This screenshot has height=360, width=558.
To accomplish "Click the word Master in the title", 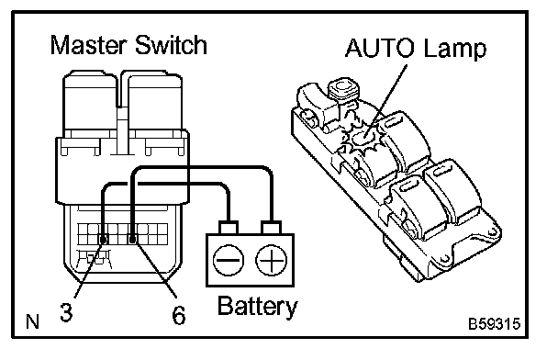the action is pos(89,45).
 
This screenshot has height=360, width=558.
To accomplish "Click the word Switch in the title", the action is pos(171,45).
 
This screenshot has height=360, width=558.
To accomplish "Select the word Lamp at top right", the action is pos(455,50).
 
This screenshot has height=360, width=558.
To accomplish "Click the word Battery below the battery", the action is pos(257,306).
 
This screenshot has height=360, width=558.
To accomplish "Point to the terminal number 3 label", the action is pos(66,312).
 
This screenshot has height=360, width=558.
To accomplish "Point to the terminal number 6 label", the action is pos(179,315).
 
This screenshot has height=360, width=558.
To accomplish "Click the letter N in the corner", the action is pos(32,321).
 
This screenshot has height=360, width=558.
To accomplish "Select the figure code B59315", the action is pos(495,324).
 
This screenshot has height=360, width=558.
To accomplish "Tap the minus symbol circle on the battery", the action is pos(229,260).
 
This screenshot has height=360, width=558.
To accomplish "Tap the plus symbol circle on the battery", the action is pos(271,260).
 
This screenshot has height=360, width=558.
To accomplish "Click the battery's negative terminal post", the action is pos(229,228).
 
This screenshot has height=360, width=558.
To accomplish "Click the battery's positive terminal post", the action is pos(271,228).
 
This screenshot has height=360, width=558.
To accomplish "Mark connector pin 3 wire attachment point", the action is pos(103,240).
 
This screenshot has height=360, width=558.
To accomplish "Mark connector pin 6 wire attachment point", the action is pos(132,240).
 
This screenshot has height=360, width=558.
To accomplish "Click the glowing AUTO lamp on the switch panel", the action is pos(362,137).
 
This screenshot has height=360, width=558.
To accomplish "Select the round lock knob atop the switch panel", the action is pos(343,89).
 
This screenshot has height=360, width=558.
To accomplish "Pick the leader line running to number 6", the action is pos(155,268).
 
